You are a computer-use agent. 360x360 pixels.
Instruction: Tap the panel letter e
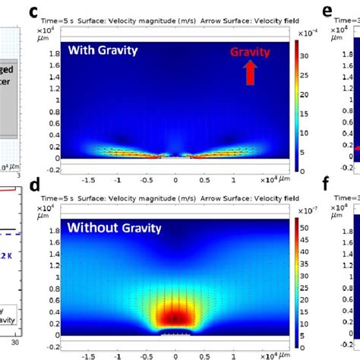pyautogui.click(x=327, y=11)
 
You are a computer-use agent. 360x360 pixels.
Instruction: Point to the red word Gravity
pyautogui.click(x=251, y=52)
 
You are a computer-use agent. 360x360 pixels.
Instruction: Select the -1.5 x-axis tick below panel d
pyautogui.click(x=90, y=355)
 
